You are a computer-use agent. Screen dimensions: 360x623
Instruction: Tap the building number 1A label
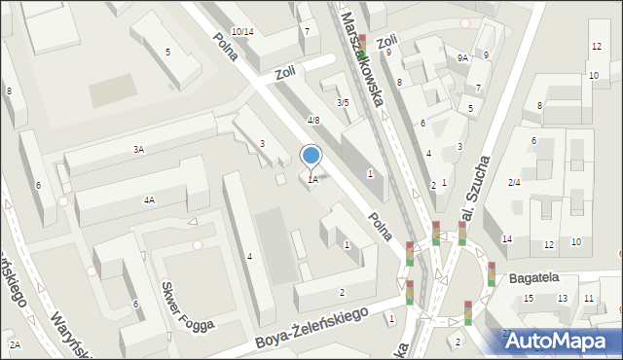[312, 179]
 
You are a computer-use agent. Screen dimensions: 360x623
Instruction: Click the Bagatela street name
[533, 278]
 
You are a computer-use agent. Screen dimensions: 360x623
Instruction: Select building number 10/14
[242, 32]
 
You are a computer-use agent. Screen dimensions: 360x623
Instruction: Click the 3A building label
[139, 149]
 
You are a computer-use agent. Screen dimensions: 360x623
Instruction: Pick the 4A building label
[149, 199]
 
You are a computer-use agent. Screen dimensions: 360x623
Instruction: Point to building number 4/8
[313, 120]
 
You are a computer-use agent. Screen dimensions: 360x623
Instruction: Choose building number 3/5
[342, 102]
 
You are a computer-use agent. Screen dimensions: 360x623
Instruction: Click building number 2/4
[514, 182]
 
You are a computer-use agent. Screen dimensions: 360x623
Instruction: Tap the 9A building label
[463, 58]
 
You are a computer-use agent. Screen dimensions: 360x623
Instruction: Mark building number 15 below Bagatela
[529, 298]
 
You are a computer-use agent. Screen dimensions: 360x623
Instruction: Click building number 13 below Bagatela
[562, 298]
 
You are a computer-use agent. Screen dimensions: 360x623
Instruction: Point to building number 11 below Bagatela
[589, 298]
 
